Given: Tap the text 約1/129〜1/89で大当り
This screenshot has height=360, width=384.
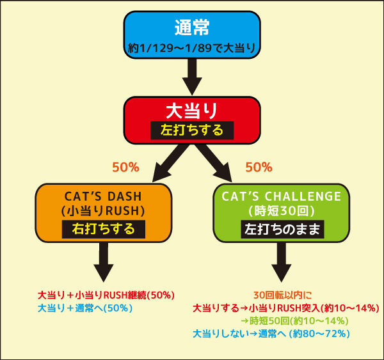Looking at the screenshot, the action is coord(192,48).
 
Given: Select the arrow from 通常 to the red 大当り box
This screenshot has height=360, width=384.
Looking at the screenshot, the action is coord(192,77).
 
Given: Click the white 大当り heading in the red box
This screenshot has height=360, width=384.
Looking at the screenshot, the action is coord(192,111).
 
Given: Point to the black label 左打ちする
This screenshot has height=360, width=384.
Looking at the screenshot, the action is coord(192,130).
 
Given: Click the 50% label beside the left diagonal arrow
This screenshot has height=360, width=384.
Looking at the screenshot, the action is coord(125,168).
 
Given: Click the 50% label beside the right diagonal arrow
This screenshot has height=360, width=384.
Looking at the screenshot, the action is coord(259,168).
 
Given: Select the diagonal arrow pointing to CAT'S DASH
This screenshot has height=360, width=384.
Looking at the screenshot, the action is coord(170,163).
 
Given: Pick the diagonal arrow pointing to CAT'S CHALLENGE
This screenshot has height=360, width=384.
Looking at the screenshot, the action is coord(214,163).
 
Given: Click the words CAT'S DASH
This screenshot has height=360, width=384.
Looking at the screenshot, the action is coord(103,196).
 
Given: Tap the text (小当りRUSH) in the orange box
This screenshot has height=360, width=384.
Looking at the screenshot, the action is coord(103,211).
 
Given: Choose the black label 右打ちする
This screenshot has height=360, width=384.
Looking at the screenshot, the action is coord(104,229).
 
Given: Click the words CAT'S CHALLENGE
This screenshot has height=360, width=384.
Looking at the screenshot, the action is coord(282,196).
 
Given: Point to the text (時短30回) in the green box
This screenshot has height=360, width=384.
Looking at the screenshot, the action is coord(282,211).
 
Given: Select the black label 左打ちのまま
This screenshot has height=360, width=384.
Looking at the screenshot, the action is coord(282,229).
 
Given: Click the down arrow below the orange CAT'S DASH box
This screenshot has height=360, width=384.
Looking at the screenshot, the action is coord(104,262).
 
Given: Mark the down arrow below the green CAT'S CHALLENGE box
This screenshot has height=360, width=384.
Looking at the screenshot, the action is coord(282,262).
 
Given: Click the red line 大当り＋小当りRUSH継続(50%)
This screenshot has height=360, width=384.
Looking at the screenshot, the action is coord(106,295).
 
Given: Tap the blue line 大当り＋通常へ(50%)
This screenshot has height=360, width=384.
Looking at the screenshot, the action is coord(85,308).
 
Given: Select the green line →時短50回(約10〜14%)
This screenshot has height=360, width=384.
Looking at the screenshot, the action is coord(294,321).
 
